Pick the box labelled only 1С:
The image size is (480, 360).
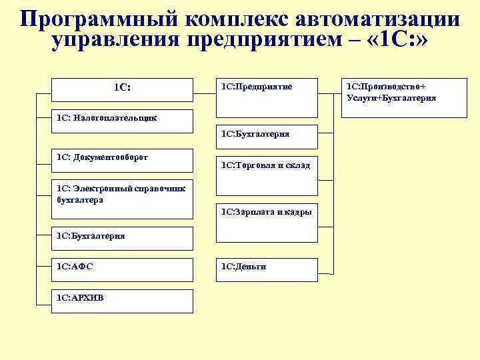pos(122,87)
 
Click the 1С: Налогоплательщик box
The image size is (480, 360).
pos(122,118)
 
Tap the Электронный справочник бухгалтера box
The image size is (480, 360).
pos(122,195)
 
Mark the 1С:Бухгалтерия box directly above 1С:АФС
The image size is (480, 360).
pos(122,236)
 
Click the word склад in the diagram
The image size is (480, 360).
pos(297,165)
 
